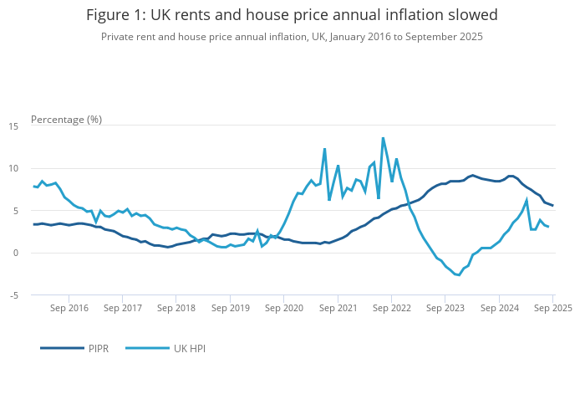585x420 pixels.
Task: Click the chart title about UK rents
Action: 292,15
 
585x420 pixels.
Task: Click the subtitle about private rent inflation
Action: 292,37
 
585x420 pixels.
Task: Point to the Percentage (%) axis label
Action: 66,119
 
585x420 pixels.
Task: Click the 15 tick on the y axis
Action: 13,125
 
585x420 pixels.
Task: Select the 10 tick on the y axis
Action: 13,168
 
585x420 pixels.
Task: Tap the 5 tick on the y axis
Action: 16,211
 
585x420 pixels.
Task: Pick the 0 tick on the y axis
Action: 16,253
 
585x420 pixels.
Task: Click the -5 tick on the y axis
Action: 13,295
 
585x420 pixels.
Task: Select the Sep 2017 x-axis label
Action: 122,308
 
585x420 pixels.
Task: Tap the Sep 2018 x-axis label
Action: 175,308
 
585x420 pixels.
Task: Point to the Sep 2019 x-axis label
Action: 230,308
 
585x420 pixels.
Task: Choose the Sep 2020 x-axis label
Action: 284,308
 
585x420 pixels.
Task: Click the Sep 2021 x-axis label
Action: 338,308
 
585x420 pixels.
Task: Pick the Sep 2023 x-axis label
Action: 445,308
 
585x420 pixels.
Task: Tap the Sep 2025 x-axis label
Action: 552,308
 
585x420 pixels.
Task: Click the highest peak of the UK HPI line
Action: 383,138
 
